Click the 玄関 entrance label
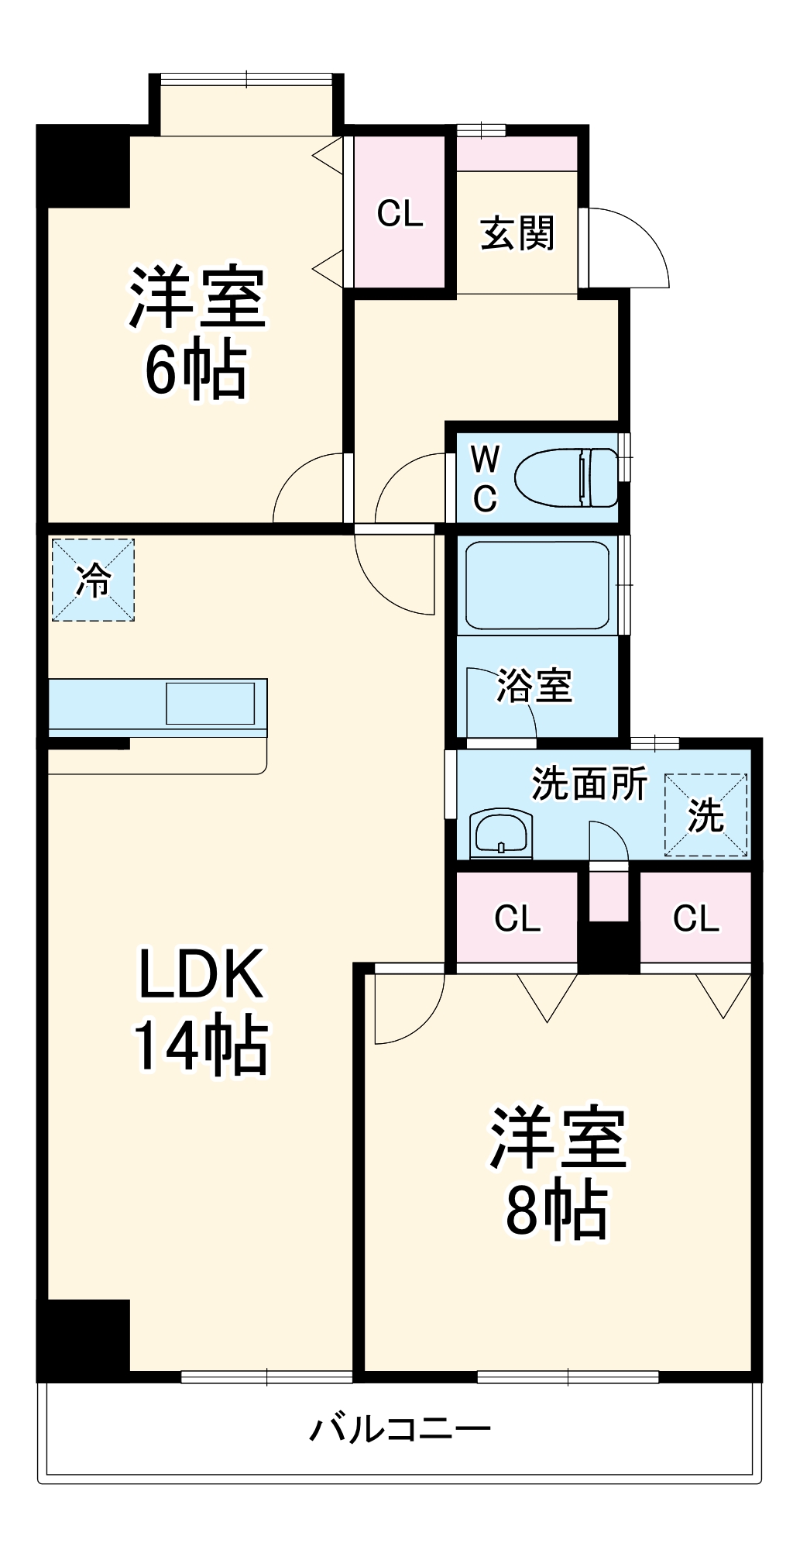click(x=517, y=232)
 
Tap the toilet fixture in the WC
click(x=566, y=477)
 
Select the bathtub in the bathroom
click(x=537, y=585)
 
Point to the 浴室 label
click(x=534, y=685)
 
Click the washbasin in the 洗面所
click(x=501, y=834)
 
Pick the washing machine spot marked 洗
click(x=705, y=815)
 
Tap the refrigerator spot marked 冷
click(x=93, y=580)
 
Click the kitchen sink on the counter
click(x=211, y=704)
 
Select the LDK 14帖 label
click(x=201, y=1009)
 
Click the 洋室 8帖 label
click(x=558, y=1172)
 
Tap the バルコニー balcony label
click(x=400, y=1428)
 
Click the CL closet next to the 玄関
click(x=400, y=212)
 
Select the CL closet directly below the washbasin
click(x=517, y=918)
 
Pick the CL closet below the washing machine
click(x=695, y=918)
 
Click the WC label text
click(x=486, y=479)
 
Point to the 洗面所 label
click(x=589, y=784)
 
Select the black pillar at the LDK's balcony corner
click(x=84, y=1340)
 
